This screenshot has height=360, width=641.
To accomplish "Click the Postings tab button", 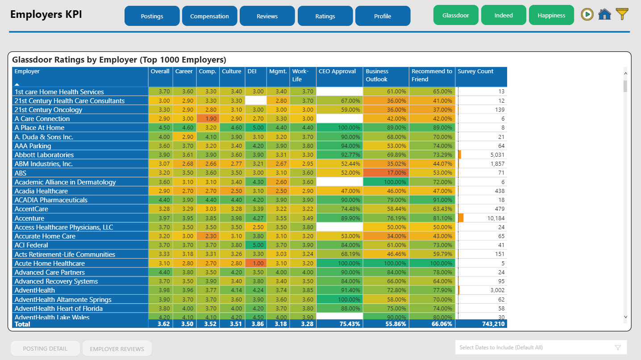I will coord(152,16).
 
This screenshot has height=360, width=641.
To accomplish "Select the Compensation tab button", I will coord(209,16).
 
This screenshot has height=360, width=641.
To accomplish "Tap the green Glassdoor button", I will coord(456,15).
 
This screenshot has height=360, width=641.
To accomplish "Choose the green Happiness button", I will coord(551,15).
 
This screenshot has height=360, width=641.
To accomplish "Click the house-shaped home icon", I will coord(604,14).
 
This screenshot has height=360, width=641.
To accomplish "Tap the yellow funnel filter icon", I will coord(622,14).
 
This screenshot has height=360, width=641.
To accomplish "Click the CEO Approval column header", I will coord(337,71).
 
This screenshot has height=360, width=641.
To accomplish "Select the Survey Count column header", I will coord(476,71).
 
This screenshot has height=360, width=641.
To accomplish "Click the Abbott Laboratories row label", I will coord(44,155).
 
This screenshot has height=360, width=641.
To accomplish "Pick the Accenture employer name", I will coord(29,218).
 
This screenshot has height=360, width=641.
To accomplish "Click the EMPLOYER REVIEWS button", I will coord(117,349).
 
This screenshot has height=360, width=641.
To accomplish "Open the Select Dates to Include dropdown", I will coord(541,347).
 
